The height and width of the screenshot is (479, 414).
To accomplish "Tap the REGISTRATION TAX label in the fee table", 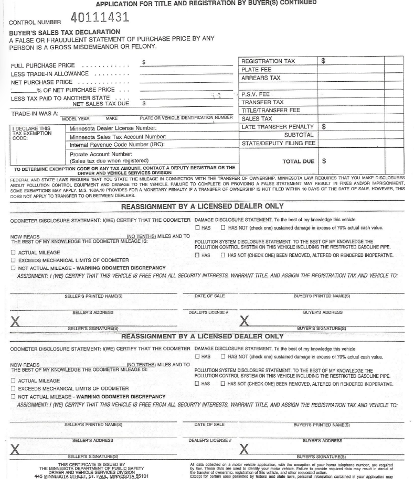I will [268, 61].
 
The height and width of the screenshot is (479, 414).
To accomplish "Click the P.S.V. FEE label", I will [254, 94].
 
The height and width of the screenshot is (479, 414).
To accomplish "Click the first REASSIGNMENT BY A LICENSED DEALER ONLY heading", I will [203, 206].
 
